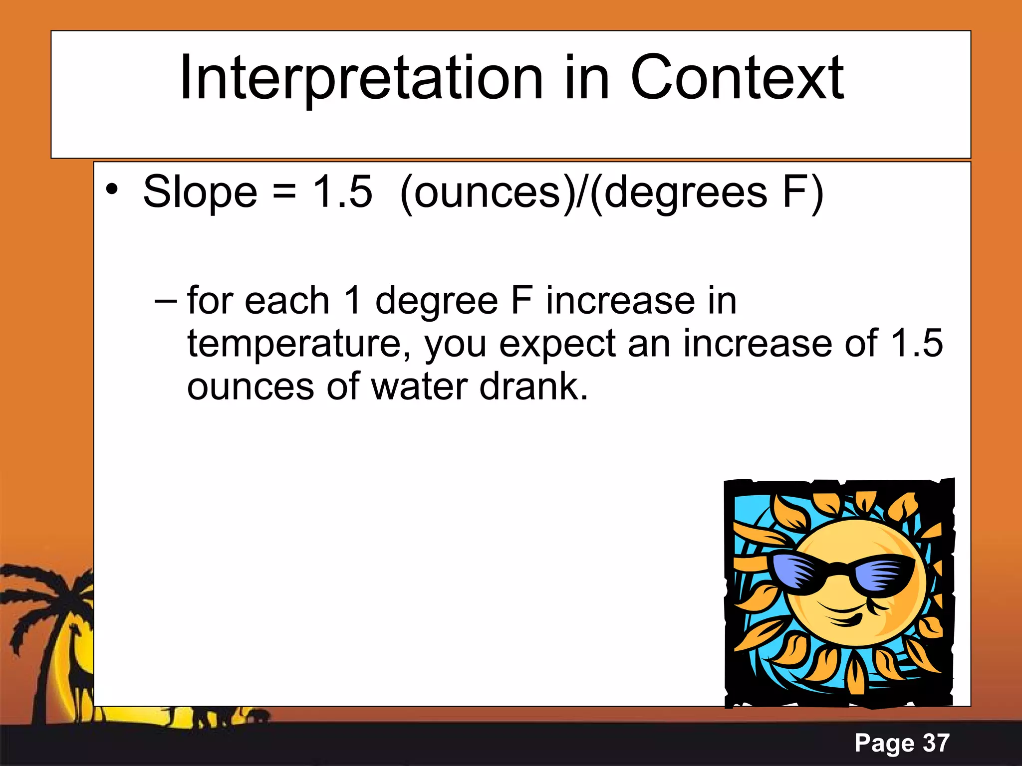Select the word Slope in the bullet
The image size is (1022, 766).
pyautogui.click(x=200, y=192)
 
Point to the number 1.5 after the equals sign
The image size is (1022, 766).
pyautogui.click(x=342, y=192)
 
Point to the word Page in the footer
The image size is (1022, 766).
pyautogui.click(x=884, y=743)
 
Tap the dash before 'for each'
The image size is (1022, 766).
pyautogui.click(x=166, y=302)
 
